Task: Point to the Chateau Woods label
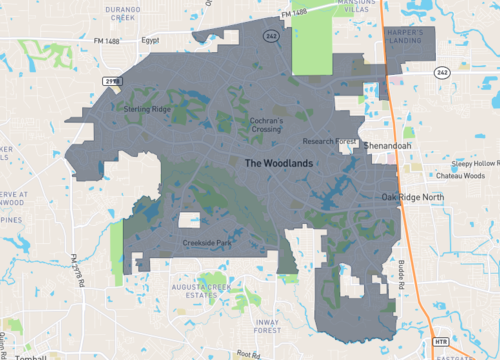tap(461, 176)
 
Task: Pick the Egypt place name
tap(150, 41)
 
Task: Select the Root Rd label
tap(242, 354)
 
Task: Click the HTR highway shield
tap(442, 342)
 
